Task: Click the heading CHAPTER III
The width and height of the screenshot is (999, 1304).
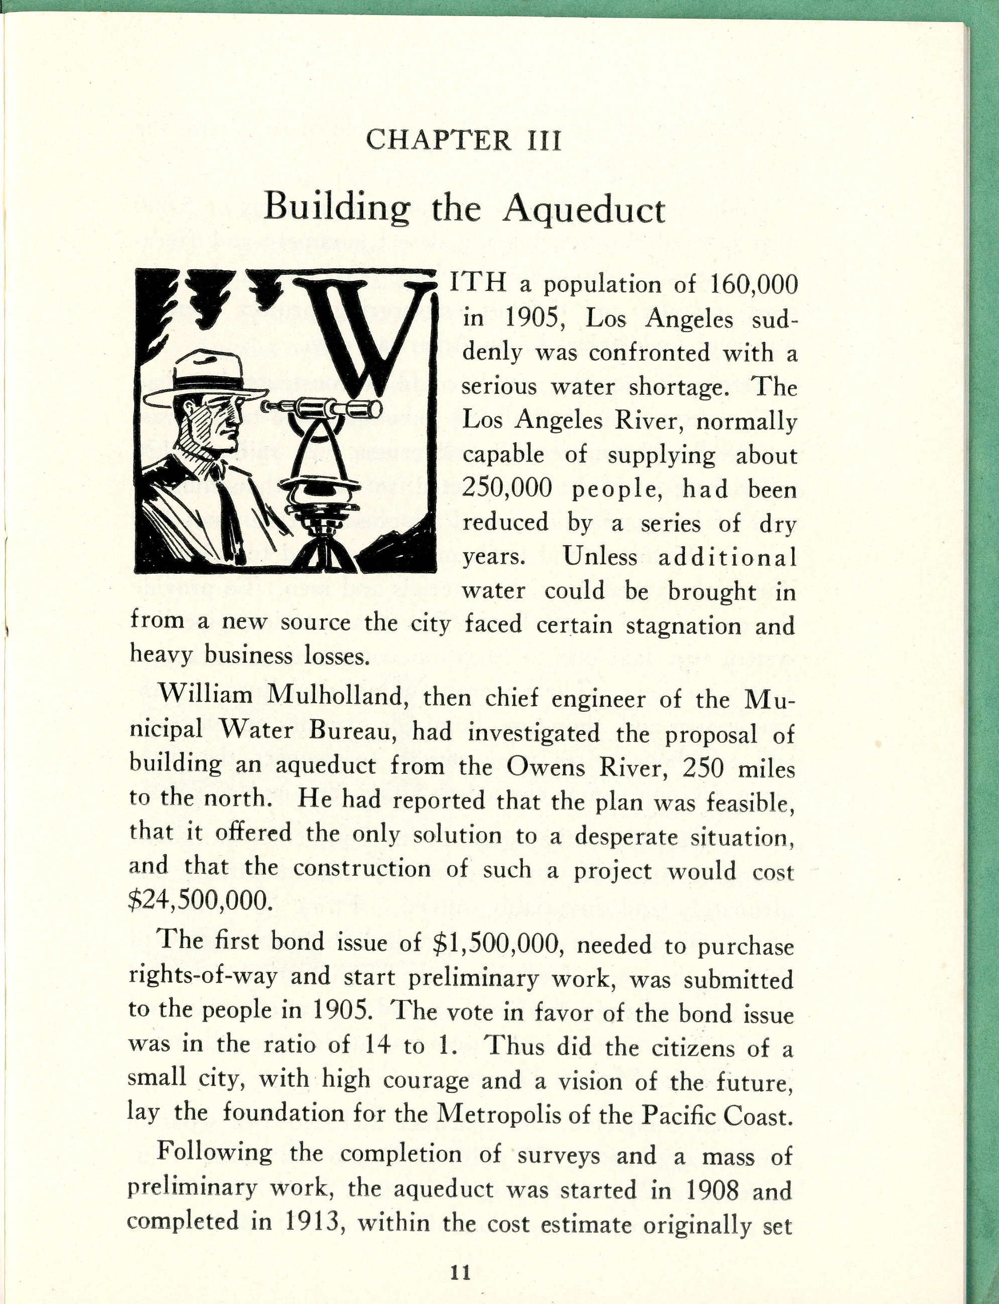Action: point(463,141)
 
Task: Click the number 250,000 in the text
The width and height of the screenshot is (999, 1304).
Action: point(507,488)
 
